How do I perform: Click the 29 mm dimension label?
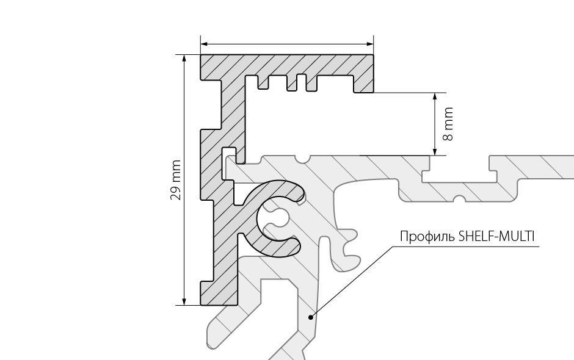click(176, 180)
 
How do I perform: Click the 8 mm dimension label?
click(449, 124)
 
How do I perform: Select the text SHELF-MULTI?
click(498, 236)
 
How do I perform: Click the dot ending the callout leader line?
click(311, 317)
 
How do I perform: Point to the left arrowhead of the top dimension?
click(205, 44)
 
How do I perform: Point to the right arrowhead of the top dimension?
click(370, 44)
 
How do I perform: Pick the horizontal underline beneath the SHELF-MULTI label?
click(467, 247)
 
